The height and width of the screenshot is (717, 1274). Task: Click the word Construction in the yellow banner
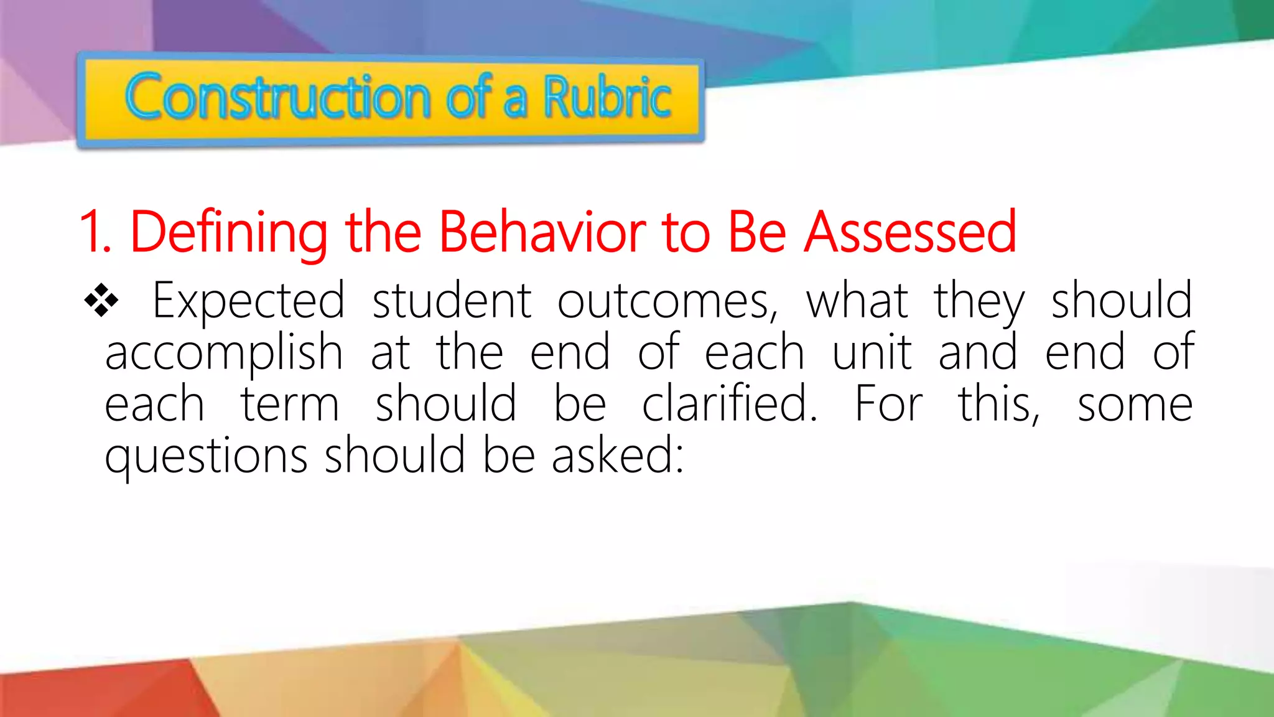(277, 97)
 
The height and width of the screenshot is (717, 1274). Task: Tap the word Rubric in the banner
(607, 97)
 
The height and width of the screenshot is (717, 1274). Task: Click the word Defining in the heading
(228, 232)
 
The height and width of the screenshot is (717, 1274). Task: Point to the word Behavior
(542, 232)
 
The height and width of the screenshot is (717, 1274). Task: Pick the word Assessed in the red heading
(910, 232)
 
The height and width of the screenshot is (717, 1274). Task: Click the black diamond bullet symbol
(101, 301)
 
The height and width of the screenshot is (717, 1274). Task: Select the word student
(452, 301)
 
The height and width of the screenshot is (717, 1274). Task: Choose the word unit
(872, 352)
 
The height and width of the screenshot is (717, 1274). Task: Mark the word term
(290, 405)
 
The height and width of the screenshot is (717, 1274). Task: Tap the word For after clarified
(888, 405)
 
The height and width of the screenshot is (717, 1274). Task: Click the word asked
(617, 456)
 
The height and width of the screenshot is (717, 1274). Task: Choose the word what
(857, 301)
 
